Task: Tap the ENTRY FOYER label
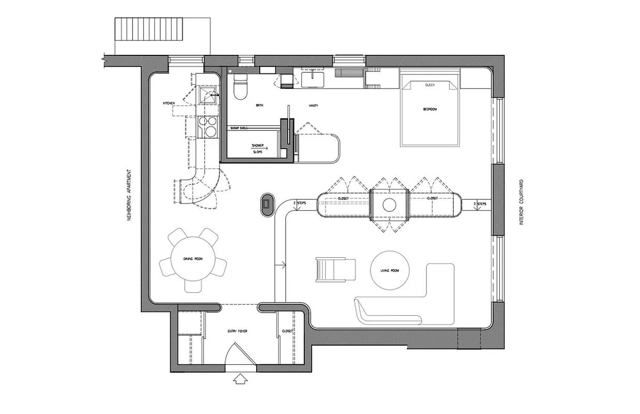pyautogui.click(x=237, y=331)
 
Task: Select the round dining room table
pyautogui.click(x=192, y=258)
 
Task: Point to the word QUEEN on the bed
pyautogui.click(x=429, y=84)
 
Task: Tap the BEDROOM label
pyautogui.click(x=429, y=109)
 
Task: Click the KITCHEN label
pyautogui.click(x=169, y=103)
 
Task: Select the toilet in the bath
pyautogui.click(x=241, y=87)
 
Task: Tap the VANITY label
pyautogui.click(x=313, y=106)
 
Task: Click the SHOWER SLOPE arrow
pyautogui.click(x=258, y=146)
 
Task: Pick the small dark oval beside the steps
pyautogui.click(x=267, y=204)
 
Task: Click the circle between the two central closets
pyautogui.click(x=390, y=205)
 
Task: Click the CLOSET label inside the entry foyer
pyautogui.click(x=288, y=331)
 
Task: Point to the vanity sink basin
pyautogui.click(x=313, y=79)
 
